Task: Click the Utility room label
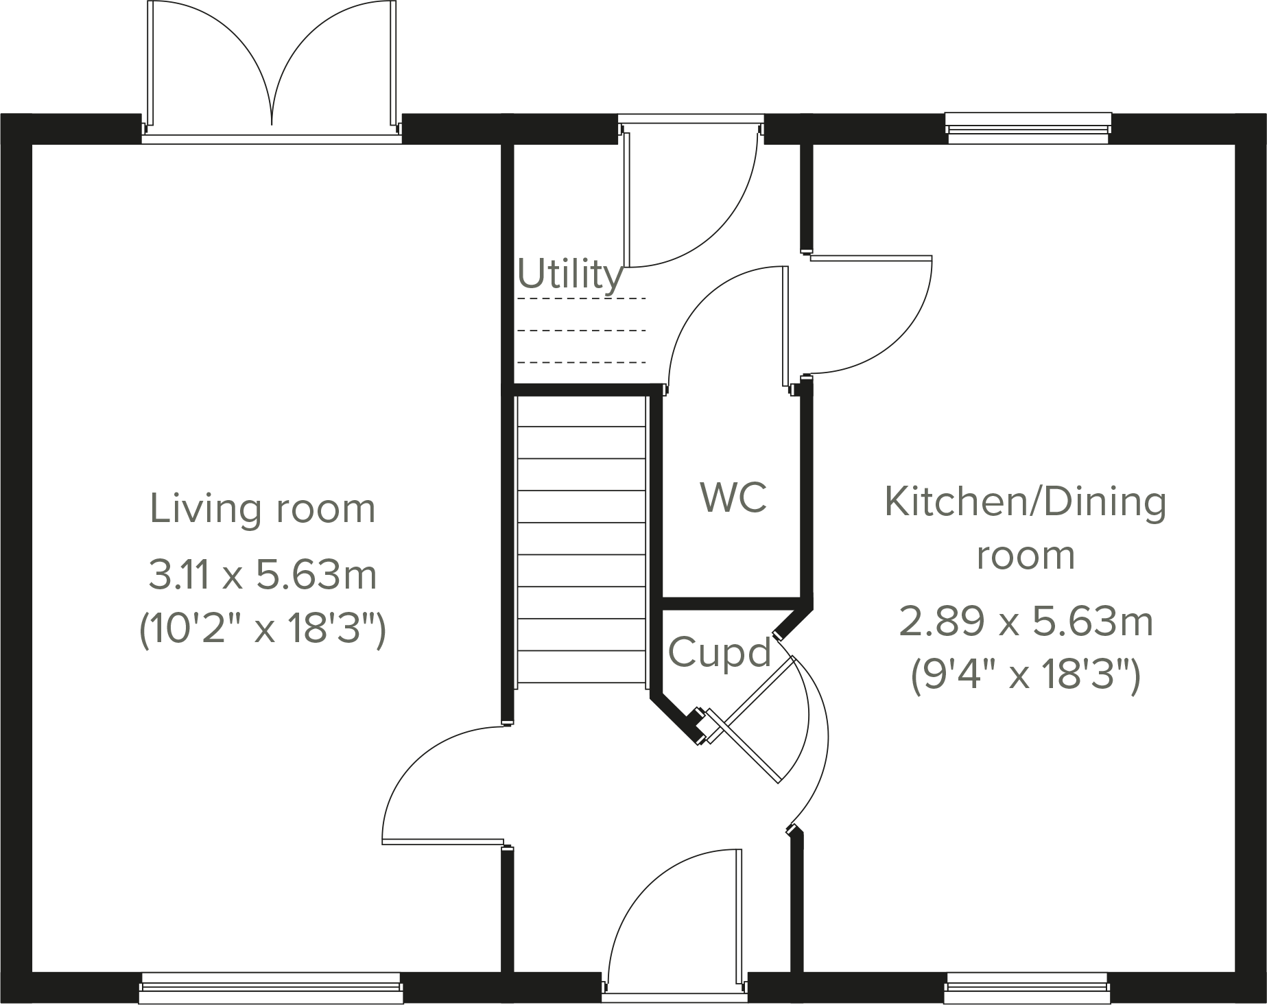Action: pos(570,274)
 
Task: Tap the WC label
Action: pos(733,497)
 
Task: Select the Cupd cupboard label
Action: pos(720,652)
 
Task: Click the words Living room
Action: pos(263,509)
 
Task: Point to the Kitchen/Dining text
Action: pos(1025,501)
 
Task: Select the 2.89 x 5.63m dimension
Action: pos(1025,622)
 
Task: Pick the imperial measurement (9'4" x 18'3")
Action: pos(1025,676)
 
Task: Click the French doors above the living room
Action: pos(272,69)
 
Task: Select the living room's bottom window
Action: pos(271,988)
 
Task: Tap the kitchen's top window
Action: pos(1027,129)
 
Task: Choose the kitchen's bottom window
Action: pos(1027,988)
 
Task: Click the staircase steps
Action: pos(581,539)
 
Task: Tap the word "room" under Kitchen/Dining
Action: pos(1025,555)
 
